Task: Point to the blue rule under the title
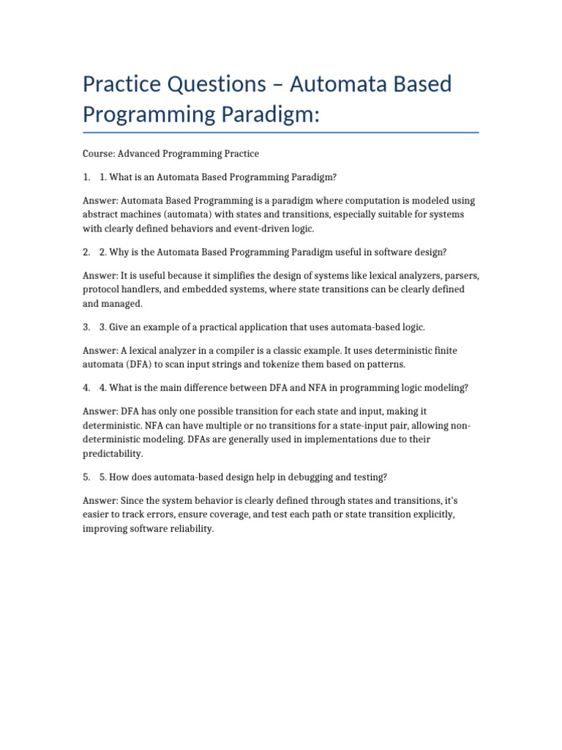(281, 133)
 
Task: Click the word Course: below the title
(98, 154)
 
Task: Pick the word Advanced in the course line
(141, 154)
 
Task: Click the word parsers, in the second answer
(462, 275)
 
